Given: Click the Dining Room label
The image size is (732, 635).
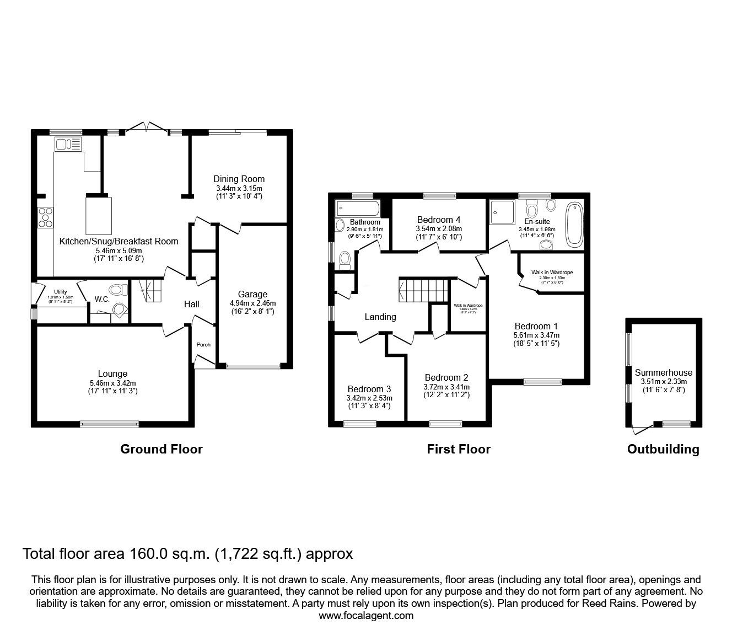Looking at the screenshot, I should tap(239, 179).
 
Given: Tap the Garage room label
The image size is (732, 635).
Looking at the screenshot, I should tap(252, 294).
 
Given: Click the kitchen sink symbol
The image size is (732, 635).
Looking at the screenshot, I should tap(68, 145).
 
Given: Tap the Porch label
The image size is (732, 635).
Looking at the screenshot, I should tap(203, 345).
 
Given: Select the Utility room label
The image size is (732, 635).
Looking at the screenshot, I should tap(60, 292).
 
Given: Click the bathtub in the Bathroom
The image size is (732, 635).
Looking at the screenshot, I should tap(357, 209).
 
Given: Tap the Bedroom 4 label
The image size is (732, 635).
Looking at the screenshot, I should tap(439, 219).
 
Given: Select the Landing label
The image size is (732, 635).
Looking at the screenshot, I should tap(380, 317).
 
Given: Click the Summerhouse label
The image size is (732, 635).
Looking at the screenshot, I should tap(664, 372).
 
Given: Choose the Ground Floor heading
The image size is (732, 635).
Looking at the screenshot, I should tap(162, 449).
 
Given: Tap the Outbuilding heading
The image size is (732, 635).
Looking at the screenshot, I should tap(663, 449).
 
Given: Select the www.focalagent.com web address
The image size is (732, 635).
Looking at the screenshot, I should tap(366, 616).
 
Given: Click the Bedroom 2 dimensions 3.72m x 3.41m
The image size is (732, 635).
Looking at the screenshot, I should tap(446, 386).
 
